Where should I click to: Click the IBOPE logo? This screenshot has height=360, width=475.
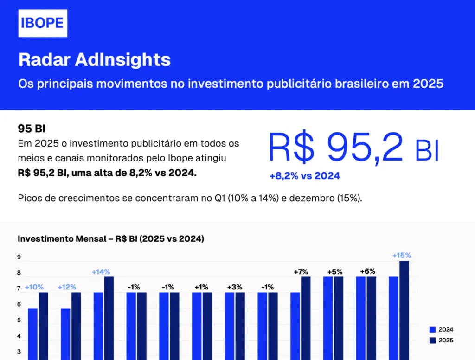point(43,23)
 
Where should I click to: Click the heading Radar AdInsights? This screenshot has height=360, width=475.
point(95,60)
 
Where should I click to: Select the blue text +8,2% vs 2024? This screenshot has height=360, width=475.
point(304,176)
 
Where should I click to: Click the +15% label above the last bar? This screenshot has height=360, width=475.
point(401,255)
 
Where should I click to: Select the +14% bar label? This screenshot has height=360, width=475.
point(101,272)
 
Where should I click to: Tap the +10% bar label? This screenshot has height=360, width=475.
point(34,287)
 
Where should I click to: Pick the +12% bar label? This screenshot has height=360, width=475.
point(67,287)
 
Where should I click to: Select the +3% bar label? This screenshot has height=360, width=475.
point(235,287)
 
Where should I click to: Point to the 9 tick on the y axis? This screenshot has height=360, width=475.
point(19,257)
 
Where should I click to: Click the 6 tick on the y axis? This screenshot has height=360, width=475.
point(19,304)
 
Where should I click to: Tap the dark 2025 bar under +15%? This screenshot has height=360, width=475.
point(404,311)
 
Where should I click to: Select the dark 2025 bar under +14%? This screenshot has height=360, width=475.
point(109,320)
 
